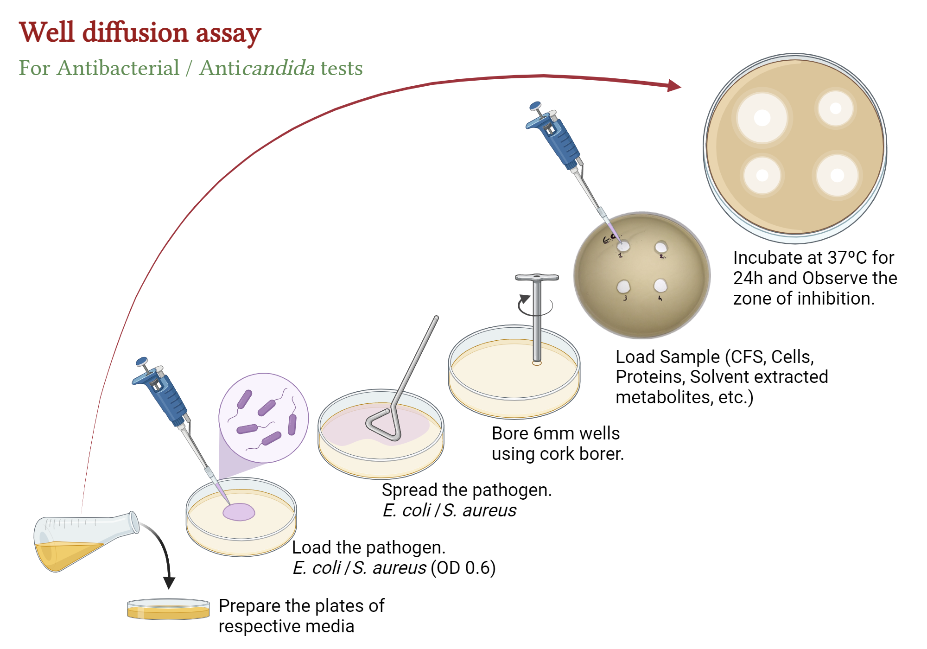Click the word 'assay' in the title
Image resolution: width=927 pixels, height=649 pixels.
(228, 33)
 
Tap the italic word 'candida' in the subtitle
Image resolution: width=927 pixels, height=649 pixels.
(279, 68)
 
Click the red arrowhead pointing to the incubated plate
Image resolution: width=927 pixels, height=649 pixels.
(674, 86)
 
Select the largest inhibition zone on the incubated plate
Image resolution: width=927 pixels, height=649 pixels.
(762, 117)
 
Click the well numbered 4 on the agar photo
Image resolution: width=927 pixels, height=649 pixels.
(660, 285)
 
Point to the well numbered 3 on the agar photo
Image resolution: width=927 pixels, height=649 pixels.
(623, 286)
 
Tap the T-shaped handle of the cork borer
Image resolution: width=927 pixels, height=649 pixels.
(537, 278)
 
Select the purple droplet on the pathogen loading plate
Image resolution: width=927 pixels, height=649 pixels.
(239, 512)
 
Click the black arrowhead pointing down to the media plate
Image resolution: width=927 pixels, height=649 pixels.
(169, 583)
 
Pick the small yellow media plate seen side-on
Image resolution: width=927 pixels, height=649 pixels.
(168, 610)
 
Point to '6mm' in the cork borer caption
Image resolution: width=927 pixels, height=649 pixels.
(554, 433)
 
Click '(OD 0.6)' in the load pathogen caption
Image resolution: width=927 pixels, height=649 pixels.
(463, 568)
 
